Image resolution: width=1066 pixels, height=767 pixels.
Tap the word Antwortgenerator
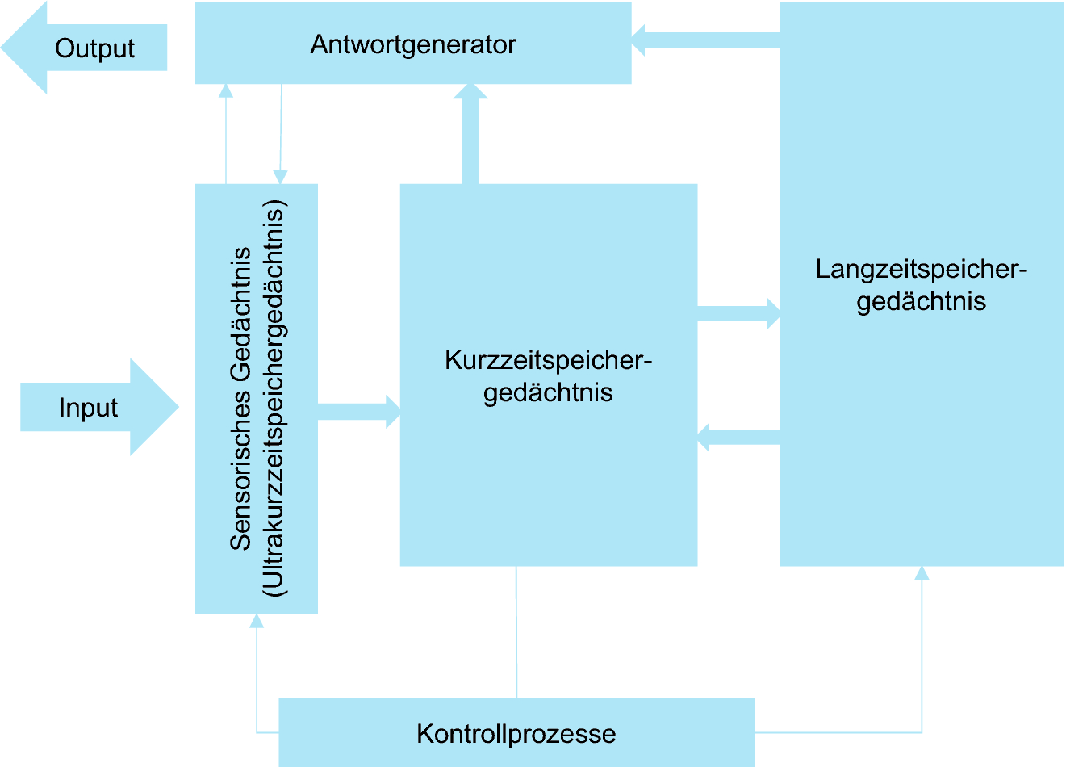pyautogui.click(x=413, y=44)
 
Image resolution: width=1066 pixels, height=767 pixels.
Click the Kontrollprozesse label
pyautogui.click(x=516, y=734)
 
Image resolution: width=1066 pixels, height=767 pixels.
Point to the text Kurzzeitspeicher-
pyautogui.click(x=548, y=360)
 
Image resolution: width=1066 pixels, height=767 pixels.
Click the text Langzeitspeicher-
pyautogui.click(x=921, y=269)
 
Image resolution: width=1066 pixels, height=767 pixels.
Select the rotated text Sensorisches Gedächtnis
pyautogui.click(x=241, y=399)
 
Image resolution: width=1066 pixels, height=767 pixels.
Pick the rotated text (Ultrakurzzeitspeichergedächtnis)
pyautogui.click(x=274, y=399)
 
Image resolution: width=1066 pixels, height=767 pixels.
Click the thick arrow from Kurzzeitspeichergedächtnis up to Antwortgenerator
pyautogui.click(x=470, y=133)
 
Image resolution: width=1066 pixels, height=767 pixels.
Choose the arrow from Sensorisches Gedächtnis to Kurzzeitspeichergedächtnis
pyautogui.click(x=359, y=411)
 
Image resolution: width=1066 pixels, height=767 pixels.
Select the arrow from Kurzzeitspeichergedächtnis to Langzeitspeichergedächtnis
pyautogui.click(x=739, y=313)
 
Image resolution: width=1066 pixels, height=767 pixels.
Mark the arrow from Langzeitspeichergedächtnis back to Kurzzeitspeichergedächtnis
pyautogui.click(x=738, y=438)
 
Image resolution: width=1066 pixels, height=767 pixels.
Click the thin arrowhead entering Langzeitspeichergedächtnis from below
pyautogui.click(x=922, y=572)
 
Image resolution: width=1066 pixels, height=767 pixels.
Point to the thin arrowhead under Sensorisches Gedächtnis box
pyautogui.click(x=257, y=621)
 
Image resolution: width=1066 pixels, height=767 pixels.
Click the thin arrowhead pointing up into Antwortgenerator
pyautogui.click(x=226, y=90)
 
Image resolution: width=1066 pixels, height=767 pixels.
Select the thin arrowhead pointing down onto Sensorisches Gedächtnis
pyautogui.click(x=280, y=178)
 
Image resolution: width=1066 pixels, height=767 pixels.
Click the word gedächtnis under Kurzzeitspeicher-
pyautogui.click(x=548, y=393)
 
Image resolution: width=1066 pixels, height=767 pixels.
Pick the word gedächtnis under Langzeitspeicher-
pyautogui.click(x=921, y=302)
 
